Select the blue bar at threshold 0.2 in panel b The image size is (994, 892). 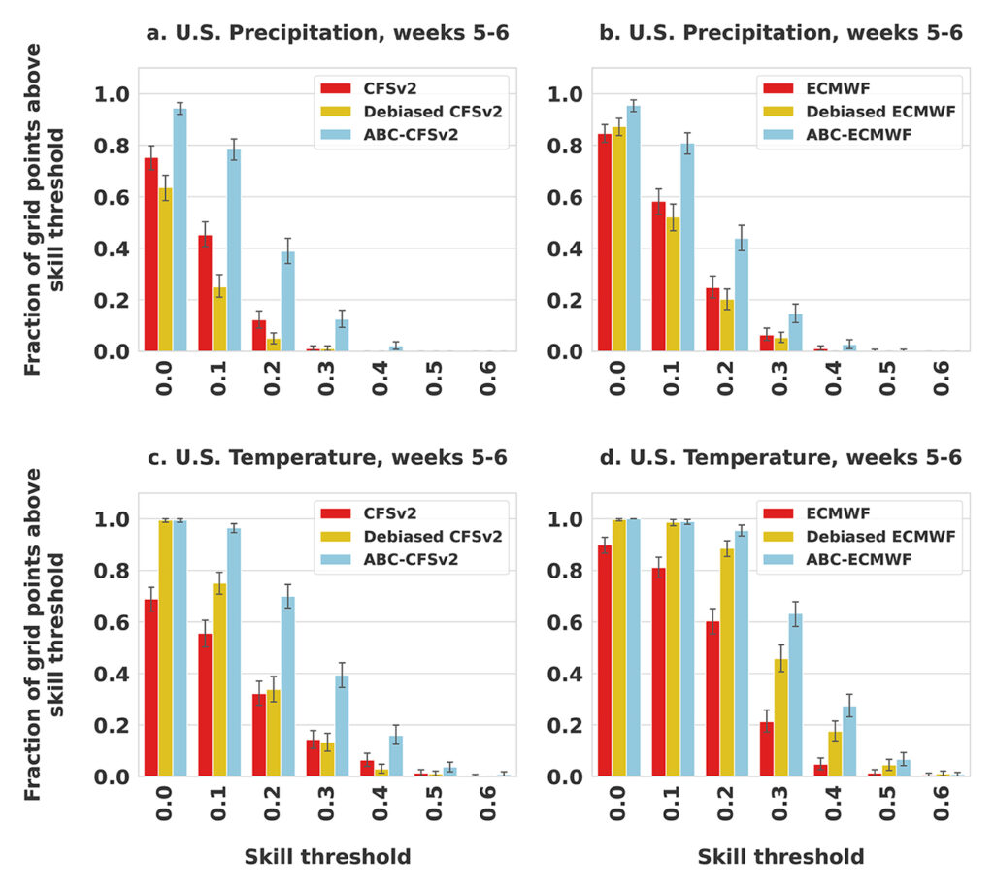742,295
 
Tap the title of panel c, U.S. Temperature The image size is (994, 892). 327,457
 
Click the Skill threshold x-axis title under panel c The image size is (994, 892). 327,856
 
